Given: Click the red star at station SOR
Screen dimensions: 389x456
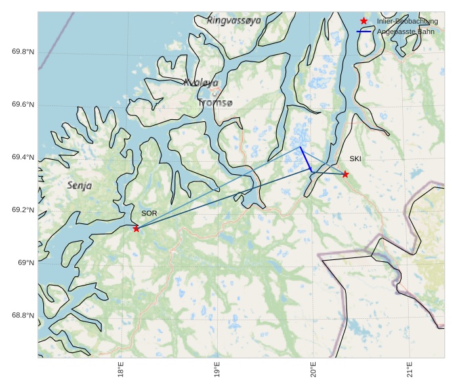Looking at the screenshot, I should tap(136, 229).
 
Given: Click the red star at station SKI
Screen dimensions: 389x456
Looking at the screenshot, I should tap(345, 174).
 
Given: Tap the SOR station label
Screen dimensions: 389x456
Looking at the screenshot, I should tap(149, 213).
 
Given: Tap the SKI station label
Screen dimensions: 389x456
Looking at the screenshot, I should tap(355, 159).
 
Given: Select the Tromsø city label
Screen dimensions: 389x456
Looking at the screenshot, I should tap(215, 103).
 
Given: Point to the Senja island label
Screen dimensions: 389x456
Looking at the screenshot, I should tap(79, 186).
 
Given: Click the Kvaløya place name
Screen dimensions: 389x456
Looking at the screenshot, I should tap(201, 83).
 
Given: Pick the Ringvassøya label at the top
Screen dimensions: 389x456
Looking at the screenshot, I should tap(234, 20).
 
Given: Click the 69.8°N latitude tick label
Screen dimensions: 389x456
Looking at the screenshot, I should tap(23, 52).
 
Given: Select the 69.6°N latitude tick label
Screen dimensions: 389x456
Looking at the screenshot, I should tap(23, 105).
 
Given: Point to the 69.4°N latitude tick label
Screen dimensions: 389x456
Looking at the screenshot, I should tap(23, 158).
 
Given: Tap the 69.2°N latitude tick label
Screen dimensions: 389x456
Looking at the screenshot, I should tap(23, 210).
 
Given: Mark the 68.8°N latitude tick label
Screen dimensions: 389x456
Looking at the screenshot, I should tap(23, 316).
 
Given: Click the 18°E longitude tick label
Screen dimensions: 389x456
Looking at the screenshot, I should tap(121, 371).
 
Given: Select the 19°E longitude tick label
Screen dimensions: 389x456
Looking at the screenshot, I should tap(217, 371).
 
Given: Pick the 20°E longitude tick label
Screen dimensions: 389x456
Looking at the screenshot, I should tap(314, 371).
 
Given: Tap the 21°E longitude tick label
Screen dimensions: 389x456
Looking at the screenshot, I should tap(410, 371).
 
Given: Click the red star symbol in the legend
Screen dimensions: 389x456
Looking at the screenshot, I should tap(364, 21).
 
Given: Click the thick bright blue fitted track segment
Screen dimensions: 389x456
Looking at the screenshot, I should tap(306, 159).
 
